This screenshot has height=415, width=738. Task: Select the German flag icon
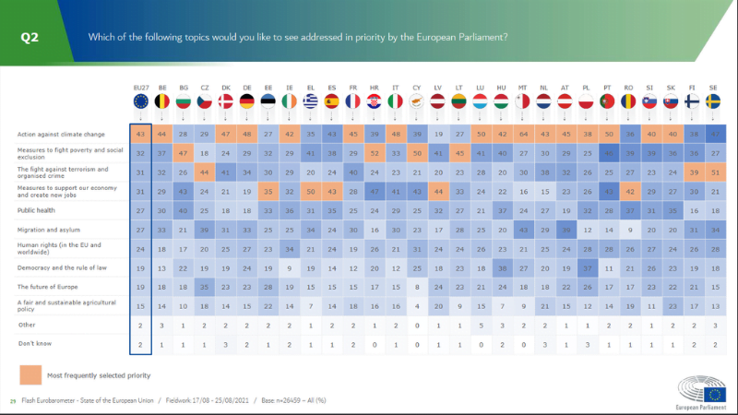[246, 101]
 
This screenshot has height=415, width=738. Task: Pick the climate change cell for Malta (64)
[524, 135]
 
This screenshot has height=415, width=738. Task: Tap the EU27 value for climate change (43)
[140, 135]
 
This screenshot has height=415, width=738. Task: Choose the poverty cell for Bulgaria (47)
[183, 153]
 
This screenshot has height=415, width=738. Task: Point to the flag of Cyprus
[417, 101]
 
